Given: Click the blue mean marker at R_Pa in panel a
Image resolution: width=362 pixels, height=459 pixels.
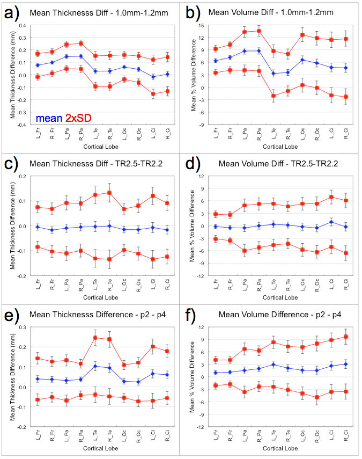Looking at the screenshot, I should [81, 56].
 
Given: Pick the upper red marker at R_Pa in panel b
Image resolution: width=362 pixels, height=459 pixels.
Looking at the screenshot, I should [259, 31].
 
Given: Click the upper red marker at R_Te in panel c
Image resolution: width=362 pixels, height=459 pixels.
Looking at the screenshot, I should [109, 193].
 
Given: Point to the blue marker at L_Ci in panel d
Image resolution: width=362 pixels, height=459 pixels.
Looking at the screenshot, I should [331, 222].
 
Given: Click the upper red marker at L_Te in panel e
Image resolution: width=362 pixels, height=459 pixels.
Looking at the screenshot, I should [95, 338].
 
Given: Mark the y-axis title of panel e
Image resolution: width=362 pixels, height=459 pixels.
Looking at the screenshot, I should [8, 376].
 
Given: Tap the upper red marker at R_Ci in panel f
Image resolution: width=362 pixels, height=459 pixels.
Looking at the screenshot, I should [346, 337].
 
